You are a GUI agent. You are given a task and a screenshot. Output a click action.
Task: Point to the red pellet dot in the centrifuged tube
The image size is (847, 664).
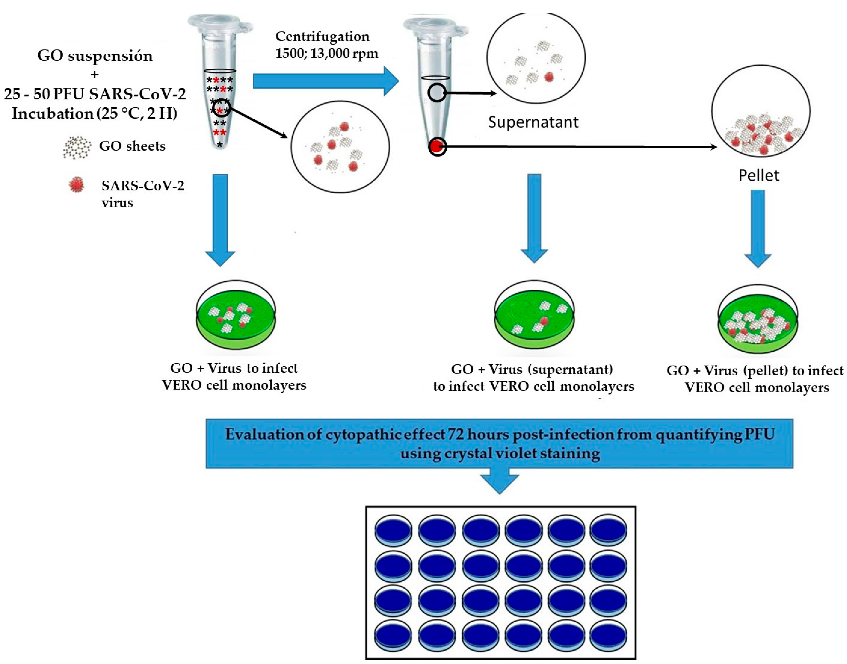click(x=437, y=147)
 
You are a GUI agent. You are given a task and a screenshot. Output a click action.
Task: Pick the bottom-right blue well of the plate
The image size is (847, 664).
click(x=608, y=634)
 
